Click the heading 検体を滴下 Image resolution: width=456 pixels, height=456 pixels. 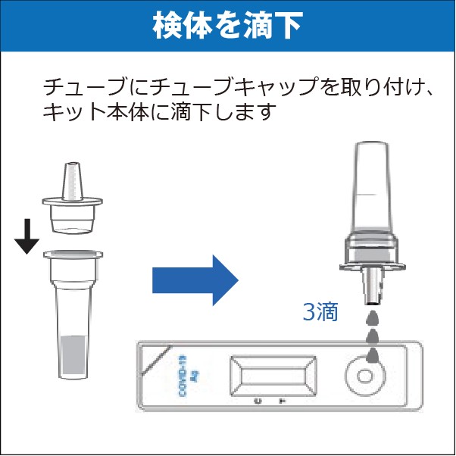[x=228, y=26]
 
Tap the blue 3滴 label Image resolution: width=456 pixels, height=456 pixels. [x=320, y=312]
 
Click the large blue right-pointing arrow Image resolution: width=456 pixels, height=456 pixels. [x=195, y=280]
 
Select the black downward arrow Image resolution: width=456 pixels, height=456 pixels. [x=27, y=236]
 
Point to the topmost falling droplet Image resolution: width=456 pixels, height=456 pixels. [x=373, y=318]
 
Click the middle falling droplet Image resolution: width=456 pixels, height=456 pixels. [x=373, y=336]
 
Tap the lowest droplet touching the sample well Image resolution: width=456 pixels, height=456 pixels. [x=373, y=355]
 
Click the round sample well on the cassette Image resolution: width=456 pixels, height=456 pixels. [x=365, y=376]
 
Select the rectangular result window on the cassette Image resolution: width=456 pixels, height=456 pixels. [x=273, y=376]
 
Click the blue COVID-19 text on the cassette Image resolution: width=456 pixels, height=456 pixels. [x=183, y=376]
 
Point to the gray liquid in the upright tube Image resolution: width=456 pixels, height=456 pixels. [x=74, y=356]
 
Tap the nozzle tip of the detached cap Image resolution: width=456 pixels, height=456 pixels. [x=73, y=164]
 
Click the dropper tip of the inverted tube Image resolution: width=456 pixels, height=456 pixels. [x=373, y=303]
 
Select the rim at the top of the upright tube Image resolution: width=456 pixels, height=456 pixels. [x=73, y=255]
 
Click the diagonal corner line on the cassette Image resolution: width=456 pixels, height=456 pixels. [x=156, y=360]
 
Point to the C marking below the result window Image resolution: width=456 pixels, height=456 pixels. [x=258, y=401]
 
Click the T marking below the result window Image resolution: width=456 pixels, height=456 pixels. [x=282, y=401]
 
